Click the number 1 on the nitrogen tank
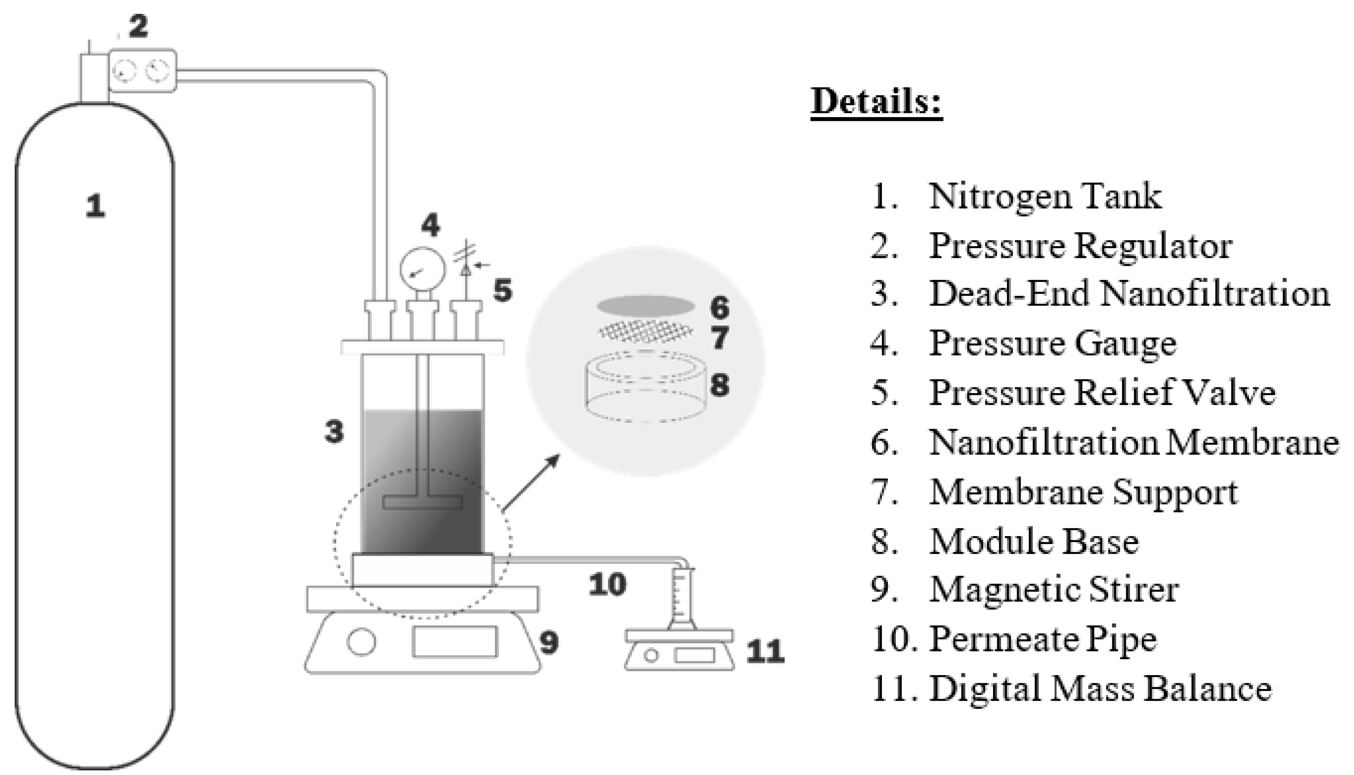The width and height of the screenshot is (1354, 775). tap(95, 206)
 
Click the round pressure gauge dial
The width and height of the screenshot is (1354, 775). tap(423, 270)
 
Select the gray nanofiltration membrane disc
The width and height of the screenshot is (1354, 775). tap(646, 306)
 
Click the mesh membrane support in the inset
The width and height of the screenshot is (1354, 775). tap(646, 333)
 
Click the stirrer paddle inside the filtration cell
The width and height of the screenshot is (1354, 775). tap(422, 501)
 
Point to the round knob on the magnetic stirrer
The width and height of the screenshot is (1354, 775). tap(362, 641)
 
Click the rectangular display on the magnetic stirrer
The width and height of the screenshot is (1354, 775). tap(455, 641)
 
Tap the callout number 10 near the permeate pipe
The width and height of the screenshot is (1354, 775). tap(607, 585)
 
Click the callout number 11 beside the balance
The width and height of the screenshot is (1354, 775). tap(765, 652)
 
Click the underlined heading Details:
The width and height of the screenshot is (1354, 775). tap(876, 101)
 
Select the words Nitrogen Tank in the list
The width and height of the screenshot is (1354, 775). tap(1045, 196)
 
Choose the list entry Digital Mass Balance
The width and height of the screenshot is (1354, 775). tap(1100, 688)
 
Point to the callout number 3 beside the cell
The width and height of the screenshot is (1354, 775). tap(334, 431)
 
